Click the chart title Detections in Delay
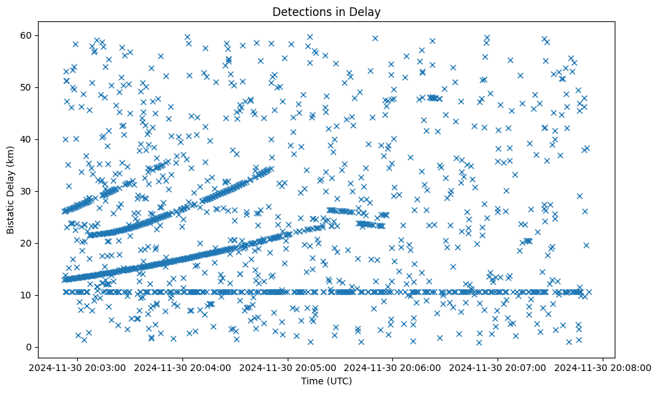click(326, 11)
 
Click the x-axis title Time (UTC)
click(326, 382)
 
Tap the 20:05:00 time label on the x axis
click(288, 367)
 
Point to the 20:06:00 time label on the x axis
click(393, 367)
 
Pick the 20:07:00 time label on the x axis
click(498, 367)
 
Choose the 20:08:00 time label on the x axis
click(603, 367)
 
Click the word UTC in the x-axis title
click(338, 382)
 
